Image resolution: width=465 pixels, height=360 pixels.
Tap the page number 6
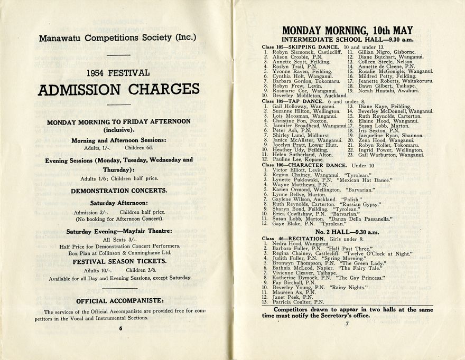coord(120,328)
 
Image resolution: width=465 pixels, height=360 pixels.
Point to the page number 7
coord(347,324)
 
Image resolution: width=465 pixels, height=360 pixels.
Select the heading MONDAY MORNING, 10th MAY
coord(347,30)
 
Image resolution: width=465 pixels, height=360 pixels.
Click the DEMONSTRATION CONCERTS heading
coord(119,190)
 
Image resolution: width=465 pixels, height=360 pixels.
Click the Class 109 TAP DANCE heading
coord(293,101)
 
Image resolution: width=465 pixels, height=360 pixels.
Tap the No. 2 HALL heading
coord(347,232)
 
